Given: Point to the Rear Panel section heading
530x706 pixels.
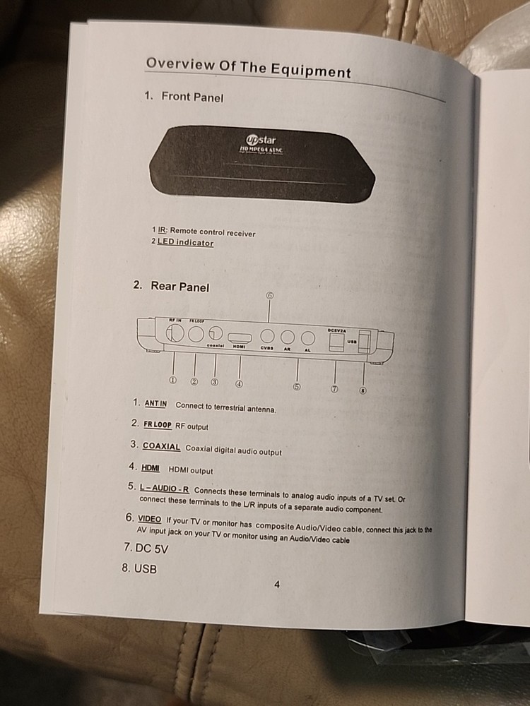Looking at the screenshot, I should point(179,287).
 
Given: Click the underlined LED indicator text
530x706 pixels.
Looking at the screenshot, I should point(185,242).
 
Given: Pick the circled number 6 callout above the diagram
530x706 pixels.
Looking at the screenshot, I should point(269,296).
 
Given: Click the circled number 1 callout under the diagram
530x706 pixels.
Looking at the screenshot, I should point(172,380).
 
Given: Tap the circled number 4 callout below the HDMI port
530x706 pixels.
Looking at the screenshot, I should point(239,384).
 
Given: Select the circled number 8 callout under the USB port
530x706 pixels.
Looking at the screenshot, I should point(363,390).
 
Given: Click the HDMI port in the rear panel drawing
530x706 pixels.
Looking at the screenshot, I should point(240,335).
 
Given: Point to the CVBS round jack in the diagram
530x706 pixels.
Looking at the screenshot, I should point(268,337).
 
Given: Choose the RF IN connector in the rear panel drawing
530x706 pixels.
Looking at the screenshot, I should point(175,331).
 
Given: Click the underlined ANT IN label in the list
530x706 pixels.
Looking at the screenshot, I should point(155,404).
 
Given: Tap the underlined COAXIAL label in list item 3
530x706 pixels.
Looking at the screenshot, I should point(161,446).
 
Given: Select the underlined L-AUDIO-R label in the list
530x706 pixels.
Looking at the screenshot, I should point(164,489).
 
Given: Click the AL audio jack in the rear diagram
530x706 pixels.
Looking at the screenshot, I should point(307,338).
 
